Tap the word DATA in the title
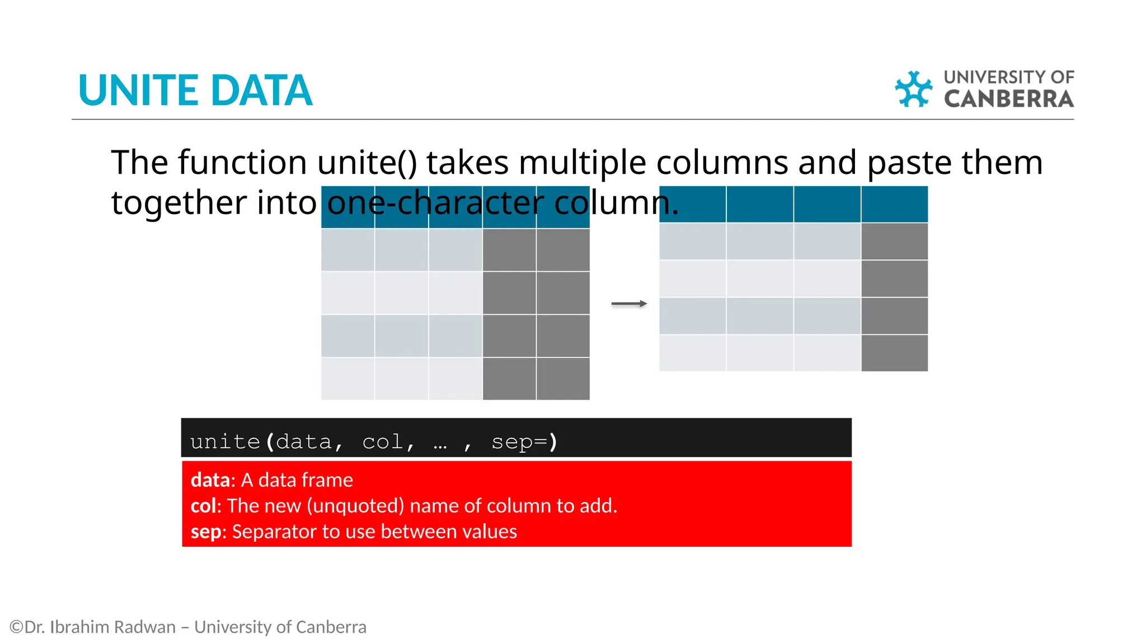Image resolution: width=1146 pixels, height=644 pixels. (x=261, y=91)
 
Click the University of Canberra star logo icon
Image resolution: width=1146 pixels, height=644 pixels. (x=913, y=89)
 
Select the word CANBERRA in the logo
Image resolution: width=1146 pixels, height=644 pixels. (x=1008, y=99)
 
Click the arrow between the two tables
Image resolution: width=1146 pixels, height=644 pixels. (x=629, y=304)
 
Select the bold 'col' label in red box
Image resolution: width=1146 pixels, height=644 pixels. (x=203, y=506)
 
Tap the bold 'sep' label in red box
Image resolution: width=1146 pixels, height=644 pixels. (x=205, y=532)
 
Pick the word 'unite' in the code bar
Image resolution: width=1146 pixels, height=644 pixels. (x=225, y=442)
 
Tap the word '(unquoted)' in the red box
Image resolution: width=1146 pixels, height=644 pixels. (x=355, y=506)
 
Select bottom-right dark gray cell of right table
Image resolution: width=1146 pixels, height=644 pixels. (x=894, y=353)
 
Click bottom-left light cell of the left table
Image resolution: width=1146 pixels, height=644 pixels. (x=347, y=378)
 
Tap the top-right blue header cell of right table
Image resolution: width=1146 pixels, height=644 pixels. (x=894, y=205)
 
